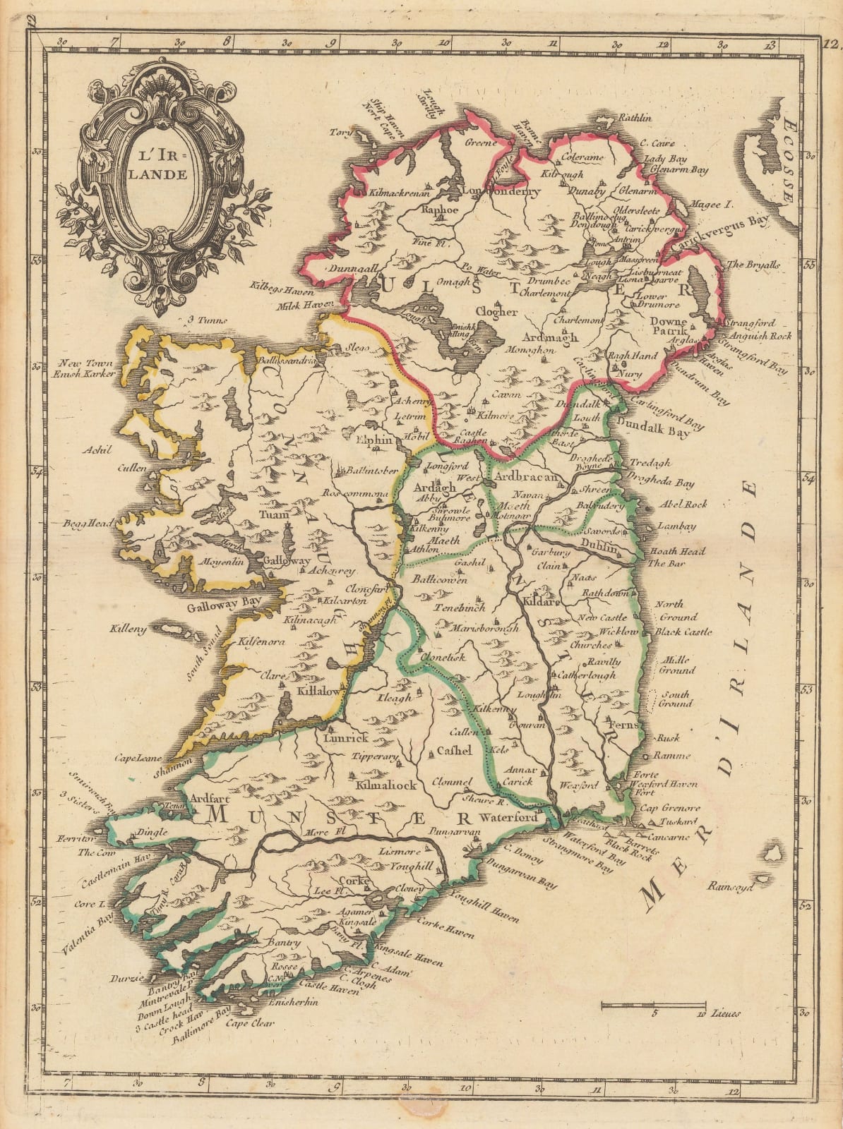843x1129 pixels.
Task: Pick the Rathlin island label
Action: tap(633, 119)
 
